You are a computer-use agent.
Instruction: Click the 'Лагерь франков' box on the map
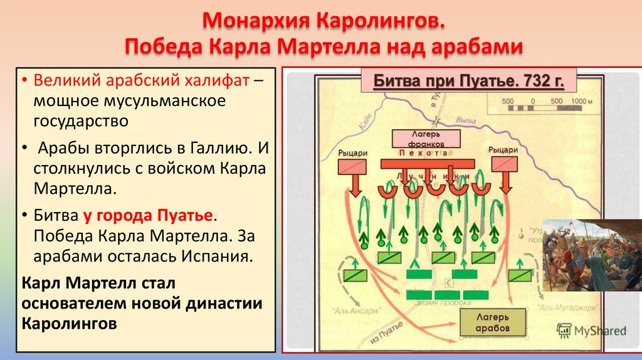point(426,138)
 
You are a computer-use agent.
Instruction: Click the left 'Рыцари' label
point(352,151)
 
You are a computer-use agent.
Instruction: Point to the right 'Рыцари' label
point(503,149)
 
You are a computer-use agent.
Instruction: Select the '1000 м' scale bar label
point(582,102)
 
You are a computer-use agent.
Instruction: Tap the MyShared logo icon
point(564,330)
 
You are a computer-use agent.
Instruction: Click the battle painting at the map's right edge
point(592,255)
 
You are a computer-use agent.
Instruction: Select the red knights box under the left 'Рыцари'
point(352,166)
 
